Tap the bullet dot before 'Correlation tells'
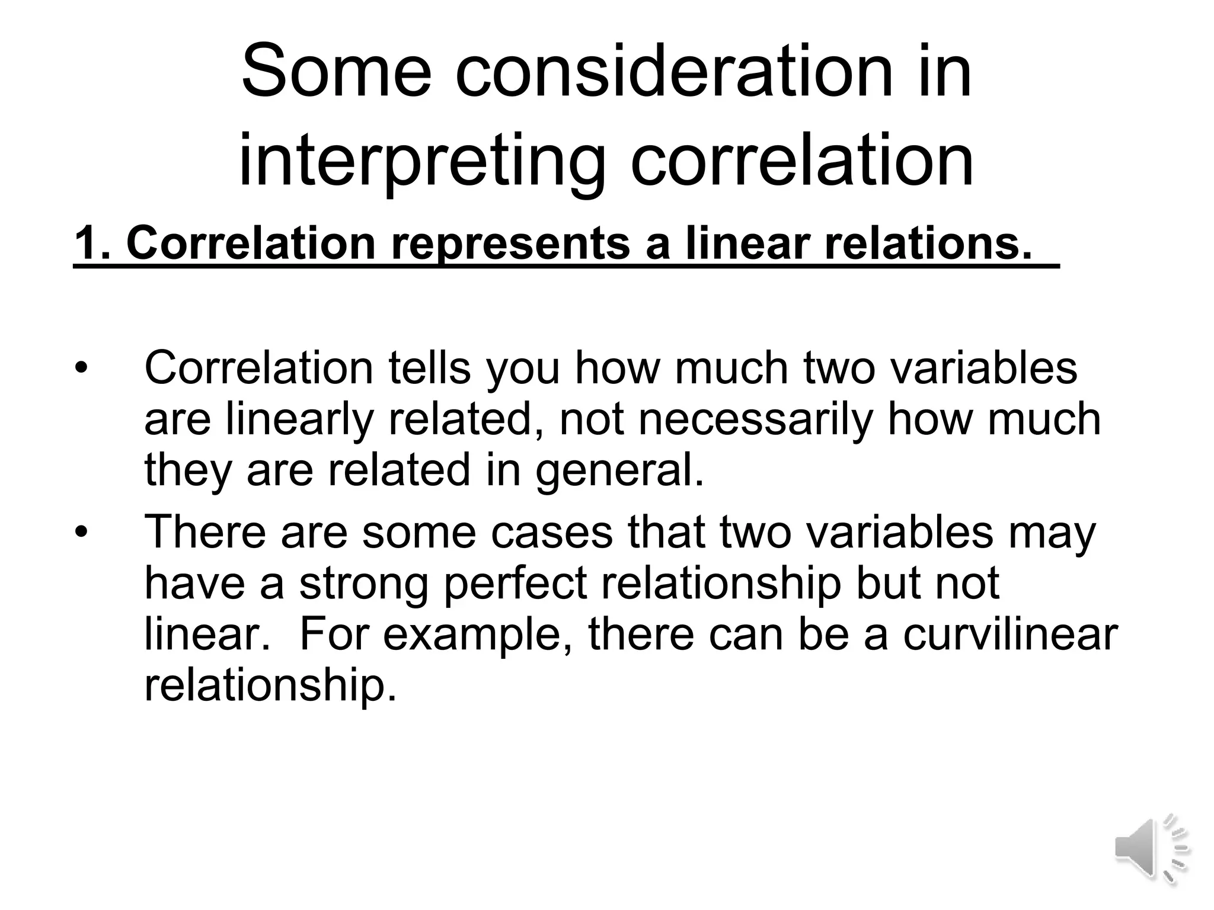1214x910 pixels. [x=81, y=369]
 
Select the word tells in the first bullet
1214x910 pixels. [x=429, y=368]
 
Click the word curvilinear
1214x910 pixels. [x=1010, y=634]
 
